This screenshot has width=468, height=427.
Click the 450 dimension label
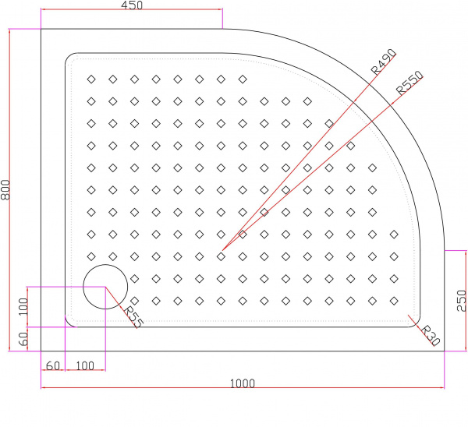tap(132, 5)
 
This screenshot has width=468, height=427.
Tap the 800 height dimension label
tap(5, 189)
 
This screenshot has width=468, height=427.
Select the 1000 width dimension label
tap(243, 383)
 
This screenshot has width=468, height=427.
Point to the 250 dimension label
tap(462, 301)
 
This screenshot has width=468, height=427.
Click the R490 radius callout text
tap(384, 62)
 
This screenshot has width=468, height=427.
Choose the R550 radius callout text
tap(409, 83)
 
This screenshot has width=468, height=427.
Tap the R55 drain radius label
tap(133, 317)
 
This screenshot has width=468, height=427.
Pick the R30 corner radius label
tap(431, 336)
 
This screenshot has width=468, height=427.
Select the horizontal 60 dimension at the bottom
tap(53, 366)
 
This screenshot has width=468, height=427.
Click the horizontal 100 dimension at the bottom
tap(85, 366)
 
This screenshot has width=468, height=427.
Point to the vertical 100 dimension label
tap(23, 306)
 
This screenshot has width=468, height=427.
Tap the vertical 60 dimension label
tap(23, 339)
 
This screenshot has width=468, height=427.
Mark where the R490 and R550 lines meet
tap(222, 250)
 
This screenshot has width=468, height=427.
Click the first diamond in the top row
tap(91, 79)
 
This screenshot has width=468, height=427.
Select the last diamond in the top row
tap(243, 79)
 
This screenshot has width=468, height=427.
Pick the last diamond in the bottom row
tap(394, 301)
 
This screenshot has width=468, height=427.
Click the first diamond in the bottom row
tap(135, 301)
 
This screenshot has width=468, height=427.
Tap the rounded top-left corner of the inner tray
tap(69, 57)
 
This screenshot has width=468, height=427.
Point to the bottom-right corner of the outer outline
tap(445, 351)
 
